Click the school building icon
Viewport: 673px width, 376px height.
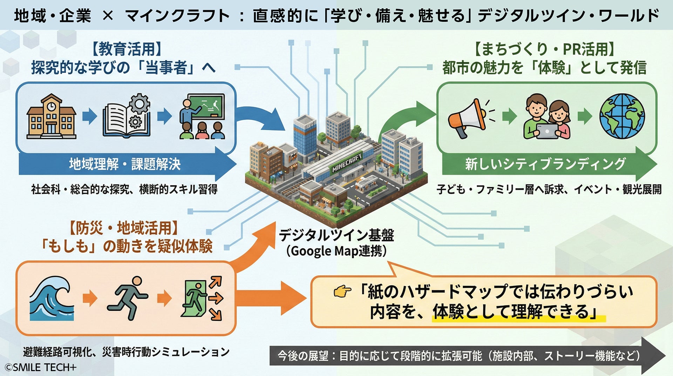(x=51, y=116)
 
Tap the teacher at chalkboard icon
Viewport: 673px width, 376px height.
(x=202, y=116)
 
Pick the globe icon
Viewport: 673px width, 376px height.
(x=622, y=116)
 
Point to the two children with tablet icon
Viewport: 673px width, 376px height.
(x=547, y=117)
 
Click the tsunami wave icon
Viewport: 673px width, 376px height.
(x=51, y=298)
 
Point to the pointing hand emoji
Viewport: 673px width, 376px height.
(x=342, y=291)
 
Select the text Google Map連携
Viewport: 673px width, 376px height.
(x=336, y=251)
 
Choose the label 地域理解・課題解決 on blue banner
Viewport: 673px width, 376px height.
(x=125, y=164)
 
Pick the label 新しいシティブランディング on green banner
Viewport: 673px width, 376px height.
(x=545, y=164)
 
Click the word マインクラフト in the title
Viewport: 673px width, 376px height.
(x=177, y=16)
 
